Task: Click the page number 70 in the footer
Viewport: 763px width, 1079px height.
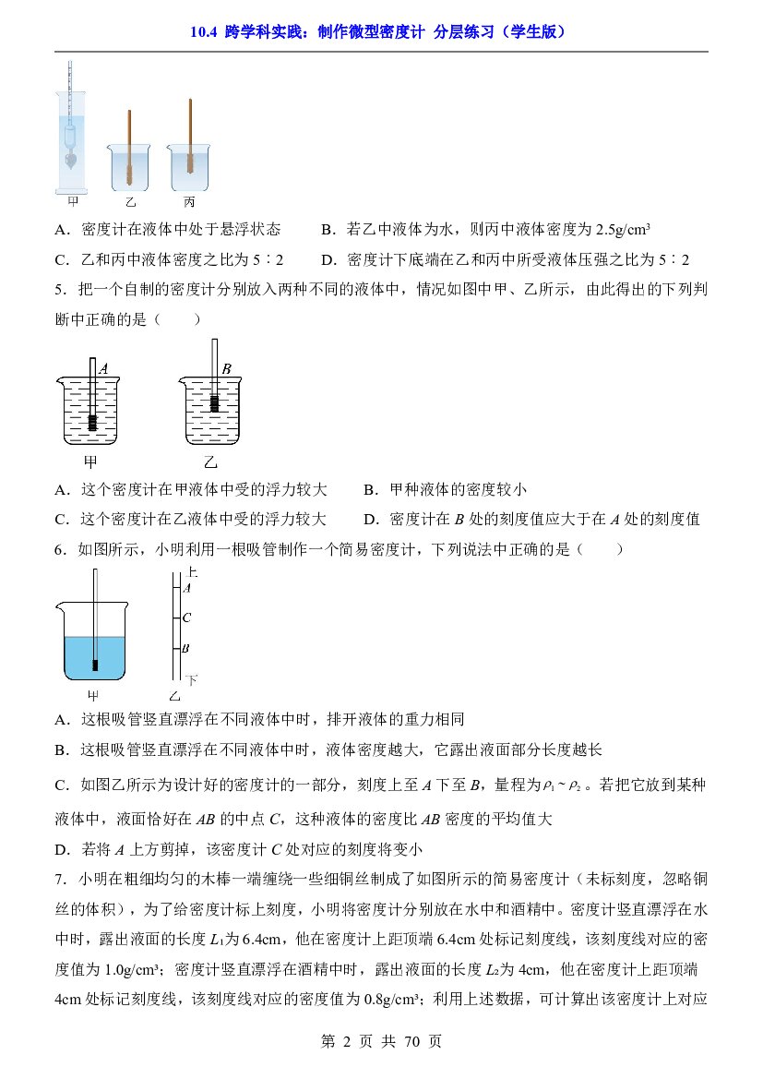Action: click(x=412, y=1042)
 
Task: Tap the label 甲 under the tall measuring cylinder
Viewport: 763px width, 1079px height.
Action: click(x=74, y=201)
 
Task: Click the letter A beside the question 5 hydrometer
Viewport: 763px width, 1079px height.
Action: click(x=103, y=369)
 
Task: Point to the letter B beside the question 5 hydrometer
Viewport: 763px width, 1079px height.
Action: click(x=226, y=369)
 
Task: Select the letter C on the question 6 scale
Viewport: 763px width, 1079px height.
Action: click(x=186, y=617)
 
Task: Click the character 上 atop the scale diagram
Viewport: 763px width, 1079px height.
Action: click(x=192, y=572)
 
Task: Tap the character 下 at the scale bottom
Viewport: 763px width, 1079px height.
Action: click(x=191, y=680)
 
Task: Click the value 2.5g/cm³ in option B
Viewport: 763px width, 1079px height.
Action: click(x=614, y=229)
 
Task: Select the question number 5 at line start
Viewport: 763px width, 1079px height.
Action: click(x=59, y=290)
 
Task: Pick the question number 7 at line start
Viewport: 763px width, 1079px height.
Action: click(x=59, y=880)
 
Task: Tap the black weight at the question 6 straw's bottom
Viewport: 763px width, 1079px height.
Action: click(x=95, y=665)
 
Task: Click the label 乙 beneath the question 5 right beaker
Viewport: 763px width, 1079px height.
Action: click(x=209, y=462)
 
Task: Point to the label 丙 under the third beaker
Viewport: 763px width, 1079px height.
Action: click(x=190, y=201)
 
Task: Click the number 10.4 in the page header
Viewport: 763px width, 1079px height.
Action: click(x=204, y=31)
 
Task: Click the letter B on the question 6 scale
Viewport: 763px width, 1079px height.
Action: click(x=185, y=648)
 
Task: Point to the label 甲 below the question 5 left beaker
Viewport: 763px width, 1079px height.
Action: click(x=90, y=462)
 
